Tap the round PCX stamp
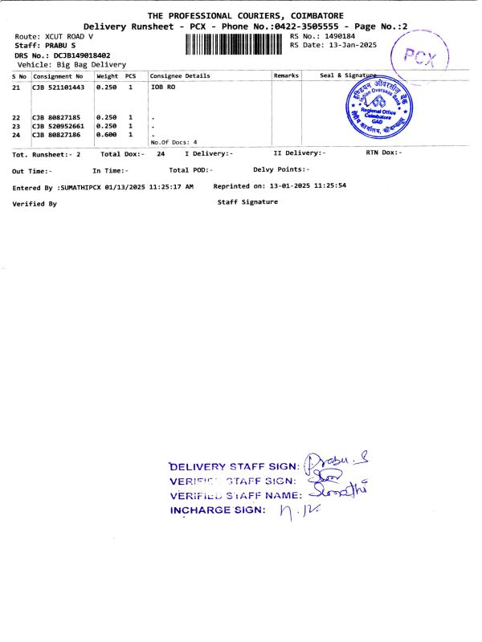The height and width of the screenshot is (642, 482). [418, 57]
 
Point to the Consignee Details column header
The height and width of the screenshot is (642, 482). [180, 76]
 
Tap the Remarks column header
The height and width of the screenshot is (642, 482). [286, 76]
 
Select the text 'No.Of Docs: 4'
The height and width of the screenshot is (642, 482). [174, 142]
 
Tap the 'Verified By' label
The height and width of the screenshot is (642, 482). [35, 204]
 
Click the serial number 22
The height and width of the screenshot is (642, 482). [17, 118]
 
